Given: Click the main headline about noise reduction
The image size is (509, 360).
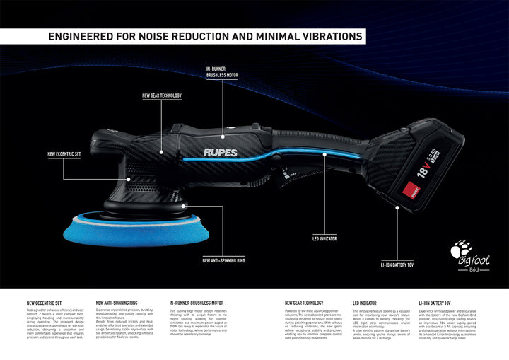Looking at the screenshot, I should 205,35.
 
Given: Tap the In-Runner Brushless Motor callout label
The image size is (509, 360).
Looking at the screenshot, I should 222,71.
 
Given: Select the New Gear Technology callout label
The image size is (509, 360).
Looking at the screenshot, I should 162,95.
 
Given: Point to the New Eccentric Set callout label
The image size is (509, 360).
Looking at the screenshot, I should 64,153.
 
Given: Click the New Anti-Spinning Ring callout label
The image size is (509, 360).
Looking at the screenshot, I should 223,260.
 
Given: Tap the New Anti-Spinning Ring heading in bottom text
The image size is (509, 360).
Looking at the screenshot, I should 117,303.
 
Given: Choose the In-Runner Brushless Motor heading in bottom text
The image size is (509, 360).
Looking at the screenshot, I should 197,303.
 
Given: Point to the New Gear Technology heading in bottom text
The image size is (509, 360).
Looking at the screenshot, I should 304,303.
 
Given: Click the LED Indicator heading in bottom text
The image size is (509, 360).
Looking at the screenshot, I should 365,303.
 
